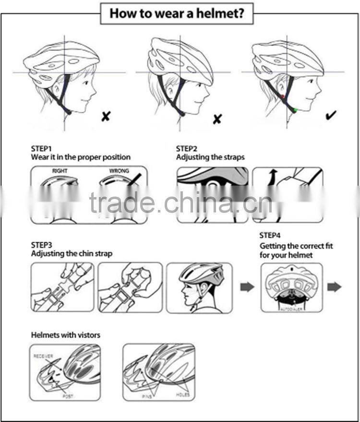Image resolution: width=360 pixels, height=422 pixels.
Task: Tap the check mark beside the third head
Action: pyautogui.click(x=331, y=115)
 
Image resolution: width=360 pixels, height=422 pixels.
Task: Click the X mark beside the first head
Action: pyautogui.click(x=106, y=116)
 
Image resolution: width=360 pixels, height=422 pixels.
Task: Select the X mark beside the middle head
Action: pyautogui.click(x=217, y=119)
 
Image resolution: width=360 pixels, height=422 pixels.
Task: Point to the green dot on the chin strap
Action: pyautogui.click(x=295, y=110)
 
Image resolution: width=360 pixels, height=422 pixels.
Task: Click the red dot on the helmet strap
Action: pyautogui.click(x=283, y=96)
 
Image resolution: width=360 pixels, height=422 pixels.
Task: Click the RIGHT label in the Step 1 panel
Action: pyautogui.click(x=60, y=171)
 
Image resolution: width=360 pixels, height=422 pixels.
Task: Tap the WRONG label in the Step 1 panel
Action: pyautogui.click(x=119, y=171)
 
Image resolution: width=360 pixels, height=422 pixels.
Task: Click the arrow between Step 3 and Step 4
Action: pyautogui.click(x=247, y=287)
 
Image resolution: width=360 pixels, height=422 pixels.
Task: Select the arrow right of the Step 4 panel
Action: pyautogui.click(x=334, y=287)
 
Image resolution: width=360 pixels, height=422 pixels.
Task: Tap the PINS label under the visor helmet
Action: pyautogui.click(x=147, y=397)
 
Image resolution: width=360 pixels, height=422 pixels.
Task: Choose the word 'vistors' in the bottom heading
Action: pyautogui.click(x=87, y=335)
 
